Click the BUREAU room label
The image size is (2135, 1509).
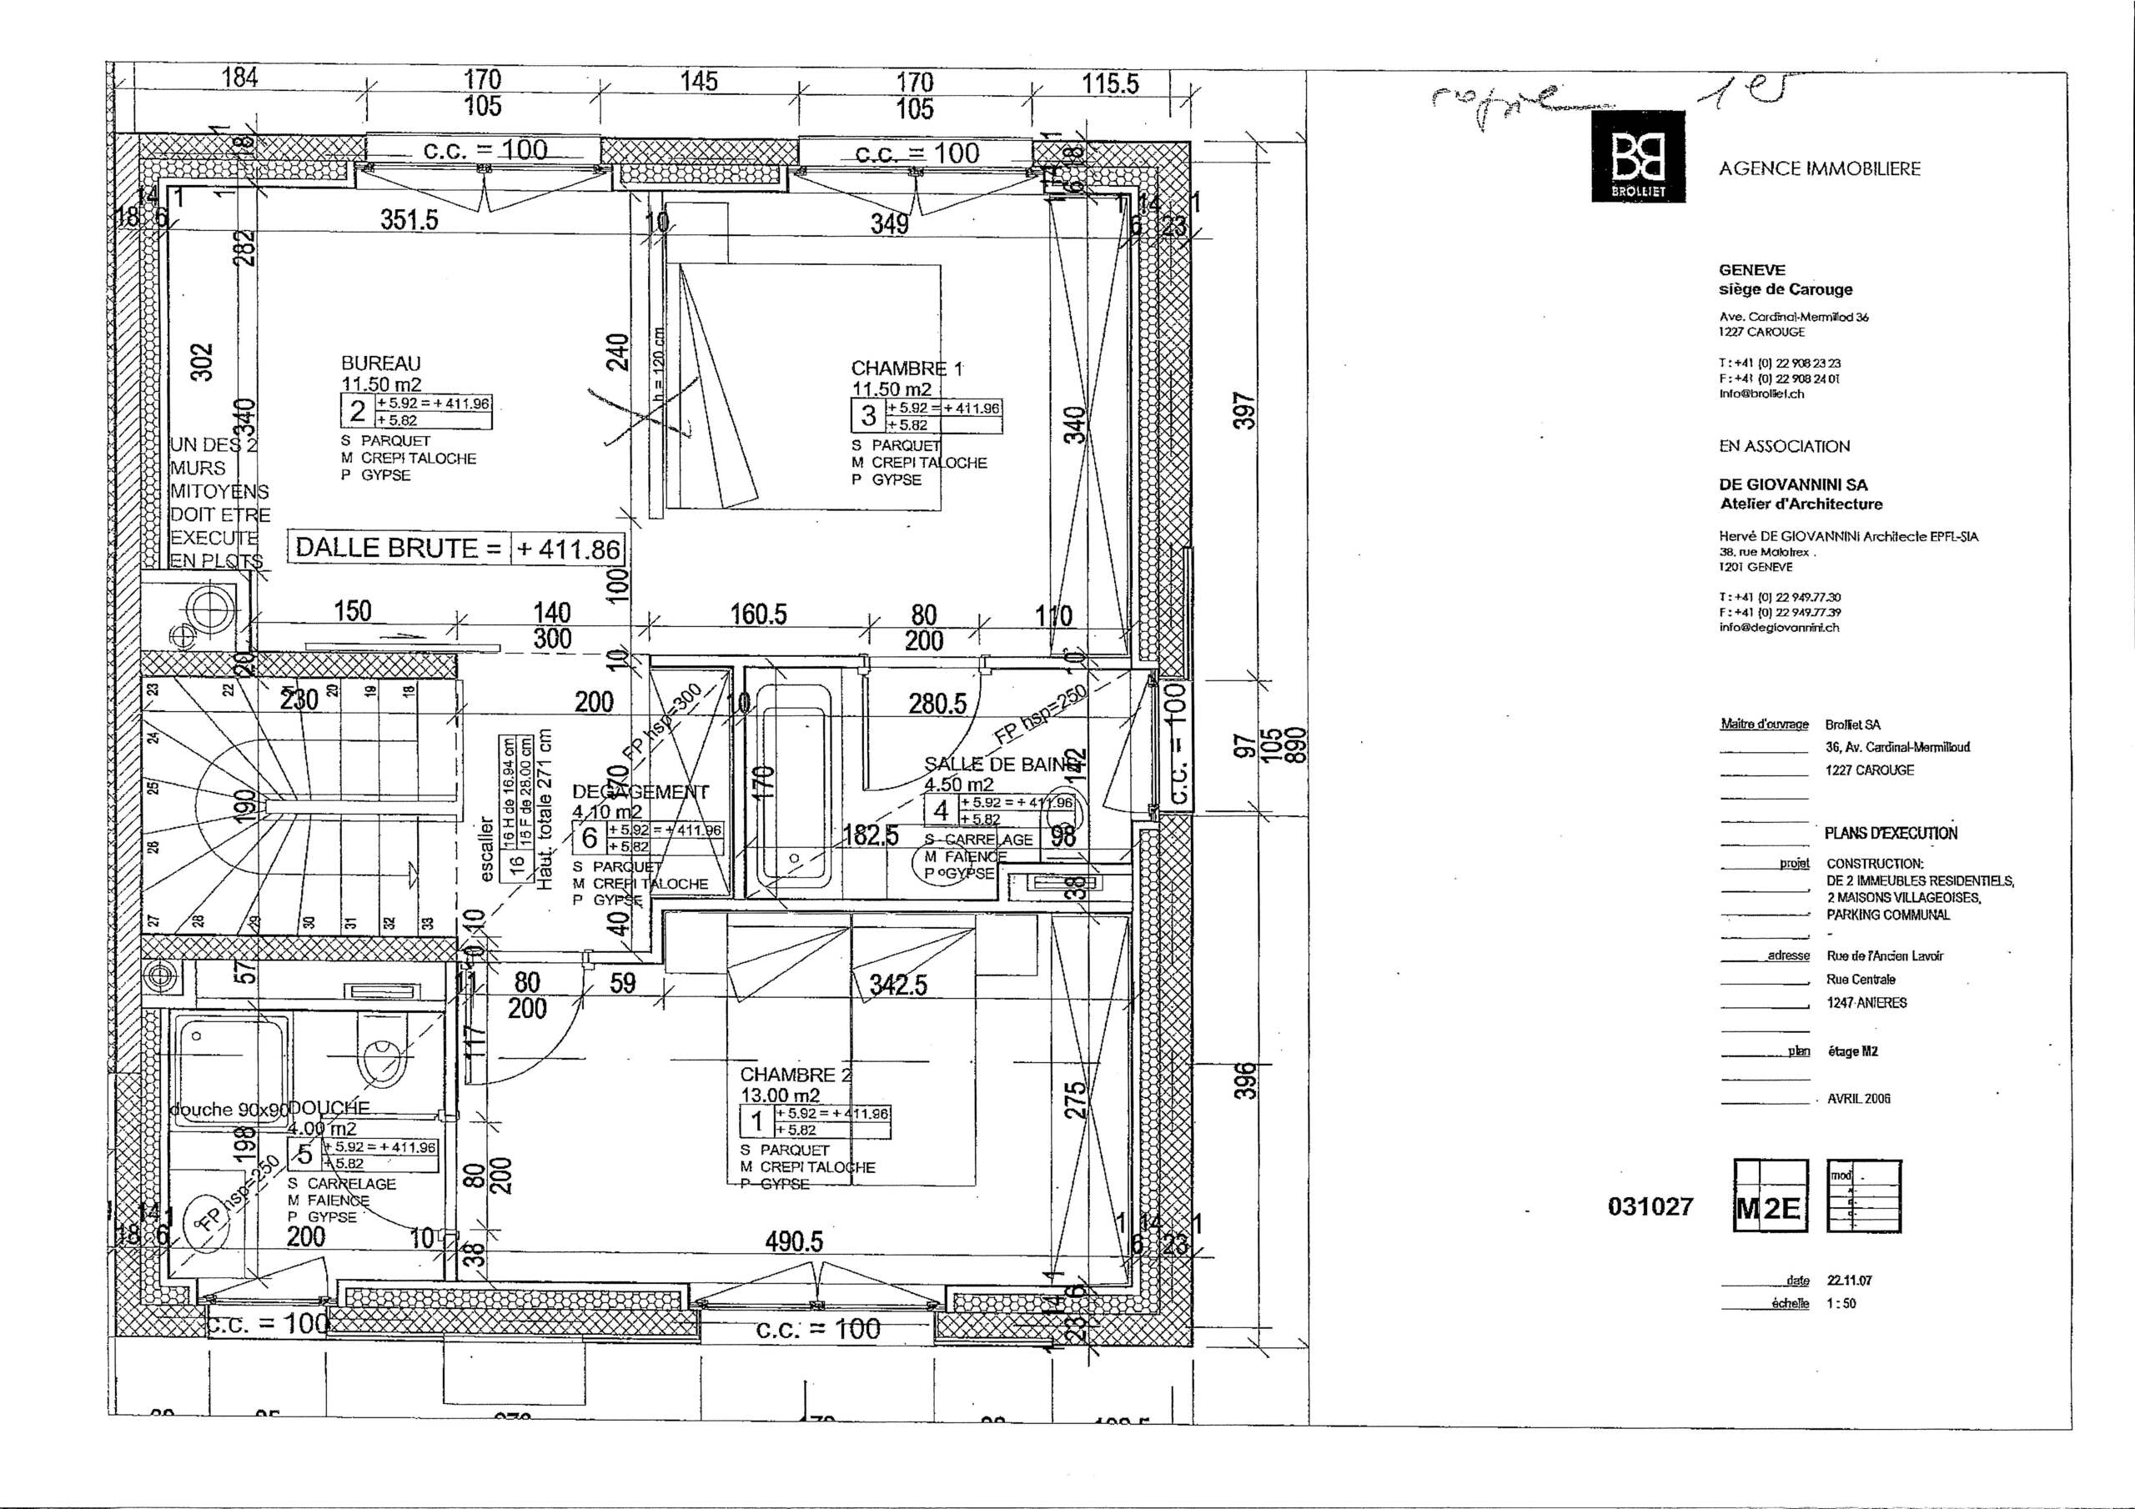point(380,363)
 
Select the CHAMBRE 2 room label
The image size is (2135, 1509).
point(794,1075)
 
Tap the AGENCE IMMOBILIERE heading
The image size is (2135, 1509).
point(1819,169)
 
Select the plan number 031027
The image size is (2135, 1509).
point(1650,1207)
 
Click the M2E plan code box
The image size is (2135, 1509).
point(1771,1209)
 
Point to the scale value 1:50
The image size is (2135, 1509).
point(1841,1304)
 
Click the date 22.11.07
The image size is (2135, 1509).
point(1849,1281)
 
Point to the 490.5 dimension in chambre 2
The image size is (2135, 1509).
point(794,1242)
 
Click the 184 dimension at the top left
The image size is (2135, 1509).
point(240,78)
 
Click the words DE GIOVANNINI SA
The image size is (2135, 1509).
point(1793,484)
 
